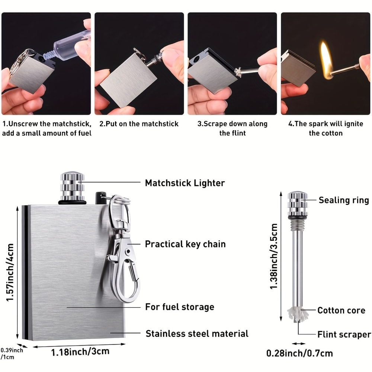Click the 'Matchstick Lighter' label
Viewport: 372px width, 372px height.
(185, 183)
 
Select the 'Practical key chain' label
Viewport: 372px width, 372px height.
(185, 244)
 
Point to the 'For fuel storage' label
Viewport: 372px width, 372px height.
(179, 307)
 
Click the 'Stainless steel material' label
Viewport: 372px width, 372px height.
(197, 333)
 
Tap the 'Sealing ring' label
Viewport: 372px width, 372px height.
(343, 200)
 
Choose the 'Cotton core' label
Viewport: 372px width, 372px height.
(341, 310)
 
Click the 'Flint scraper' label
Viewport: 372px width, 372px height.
(344, 334)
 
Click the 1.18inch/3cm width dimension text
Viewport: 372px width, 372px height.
(80, 351)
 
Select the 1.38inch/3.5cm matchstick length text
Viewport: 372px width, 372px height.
(274, 256)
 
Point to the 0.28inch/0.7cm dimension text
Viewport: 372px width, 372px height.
(299, 353)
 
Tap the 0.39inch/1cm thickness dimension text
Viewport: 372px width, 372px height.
(11, 353)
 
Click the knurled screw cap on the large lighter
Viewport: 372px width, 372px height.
(72, 186)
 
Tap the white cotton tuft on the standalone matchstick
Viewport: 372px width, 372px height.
(298, 314)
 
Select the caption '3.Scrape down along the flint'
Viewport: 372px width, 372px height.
(232, 128)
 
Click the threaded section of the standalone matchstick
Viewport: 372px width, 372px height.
(298, 225)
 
